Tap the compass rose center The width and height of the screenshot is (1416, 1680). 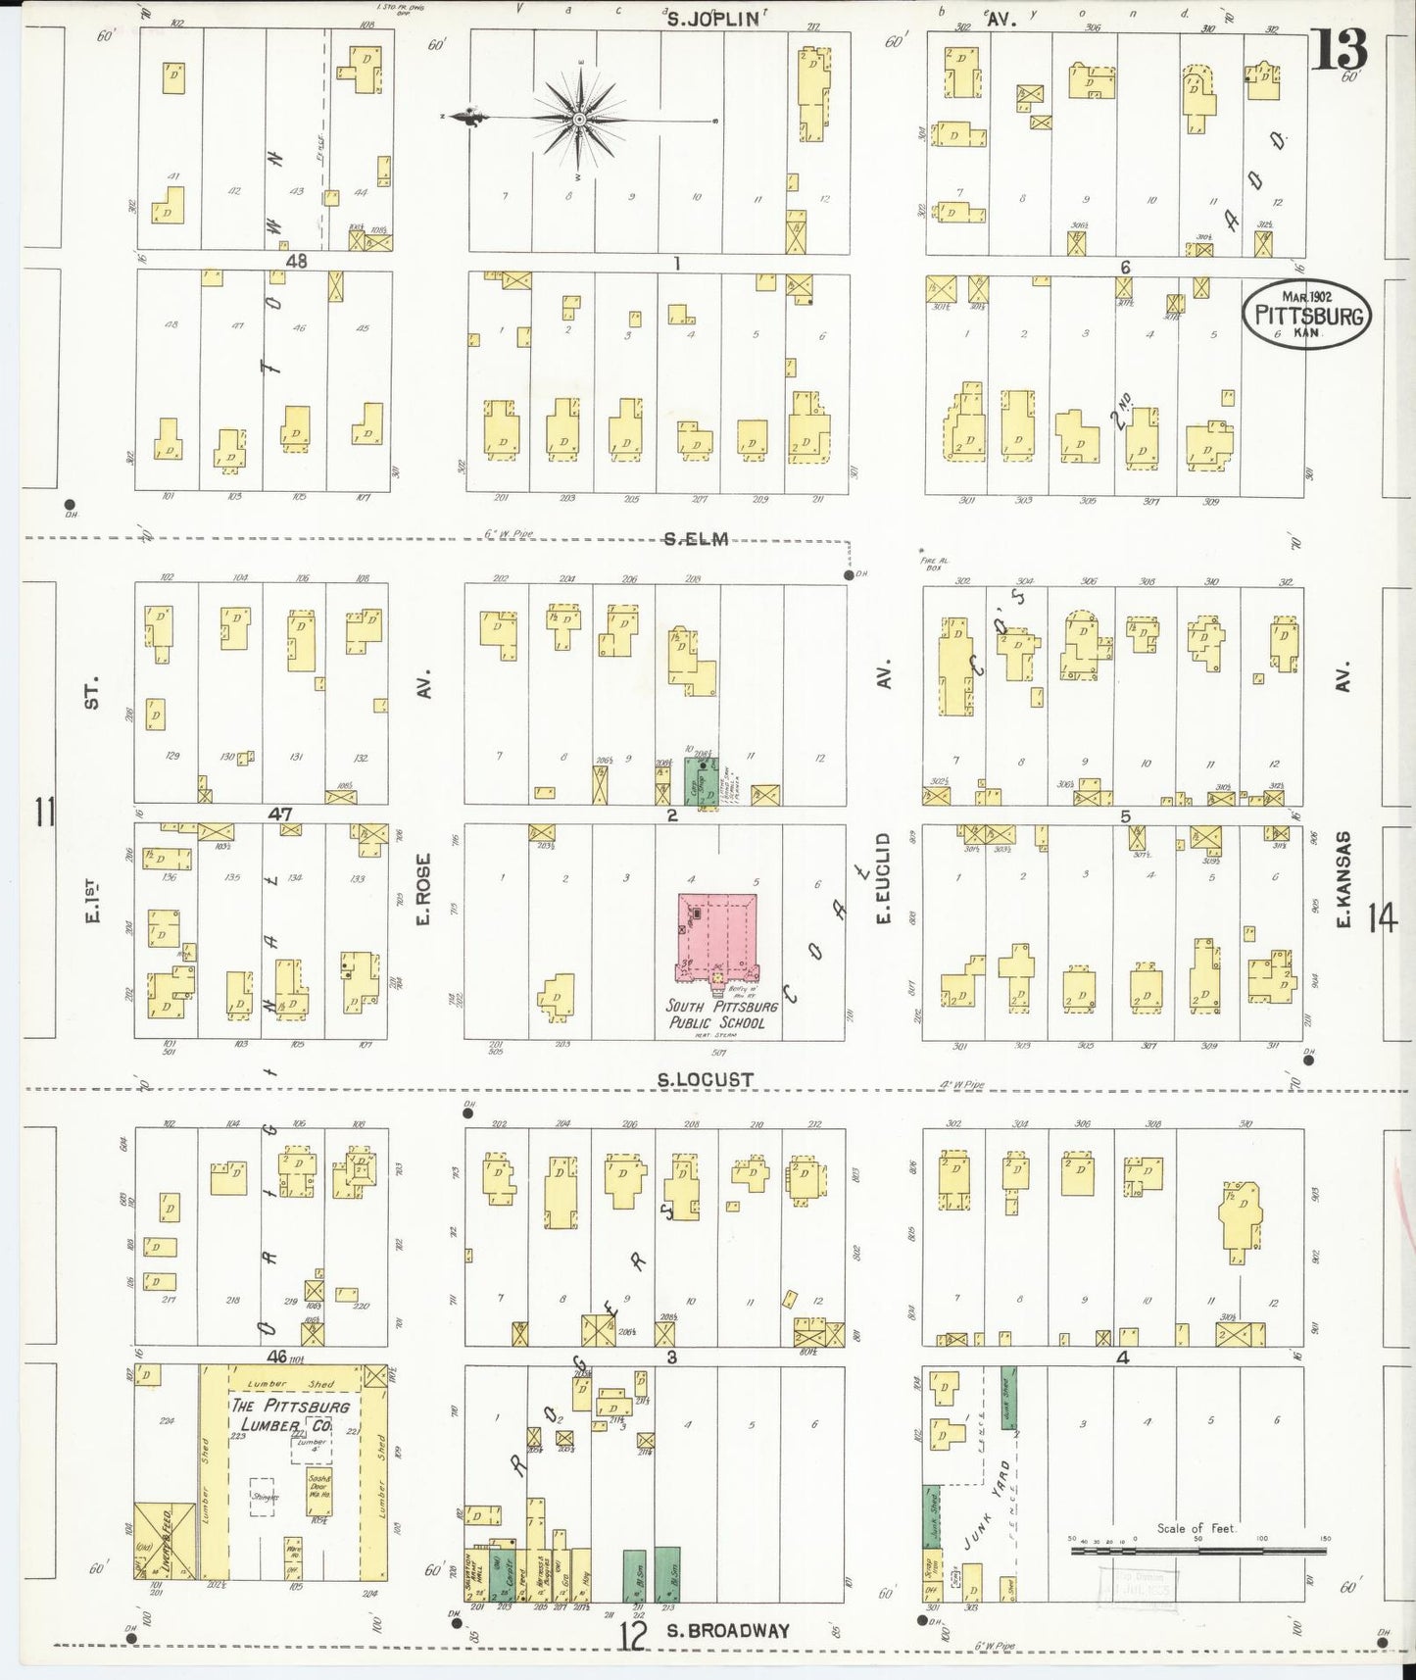[x=579, y=119]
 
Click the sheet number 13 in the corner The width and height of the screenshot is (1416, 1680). [x=1340, y=50]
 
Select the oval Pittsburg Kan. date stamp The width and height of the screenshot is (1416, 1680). [x=1306, y=315]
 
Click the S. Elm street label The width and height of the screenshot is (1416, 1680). [x=696, y=538]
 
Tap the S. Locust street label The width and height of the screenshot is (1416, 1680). [x=706, y=1080]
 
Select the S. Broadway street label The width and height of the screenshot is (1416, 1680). [x=727, y=1631]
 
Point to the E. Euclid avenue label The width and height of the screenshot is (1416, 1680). [x=883, y=877]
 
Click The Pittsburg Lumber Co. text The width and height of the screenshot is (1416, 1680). [x=289, y=1414]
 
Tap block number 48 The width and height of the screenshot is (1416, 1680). [x=297, y=262]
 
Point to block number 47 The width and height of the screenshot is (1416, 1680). [x=280, y=814]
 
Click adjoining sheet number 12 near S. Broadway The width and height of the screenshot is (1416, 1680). [x=634, y=1636]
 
